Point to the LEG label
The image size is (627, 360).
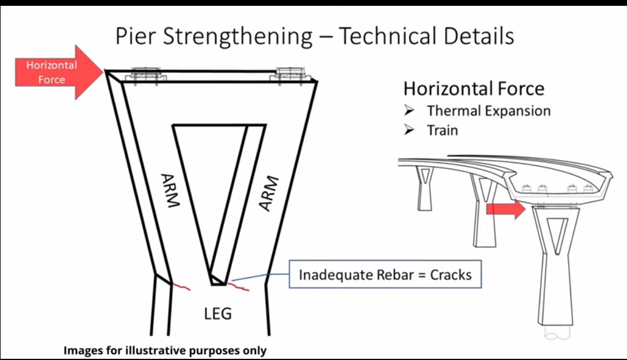pyautogui.click(x=218, y=313)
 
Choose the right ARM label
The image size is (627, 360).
pyautogui.click(x=267, y=193)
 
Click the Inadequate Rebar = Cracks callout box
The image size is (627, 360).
pyautogui.click(x=385, y=274)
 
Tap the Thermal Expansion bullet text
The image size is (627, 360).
pyautogui.click(x=488, y=111)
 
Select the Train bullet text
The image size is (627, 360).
pyautogui.click(x=442, y=130)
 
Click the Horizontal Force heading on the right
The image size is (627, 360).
pyautogui.click(x=474, y=89)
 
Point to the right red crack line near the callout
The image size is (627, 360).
pyautogui.click(x=239, y=286)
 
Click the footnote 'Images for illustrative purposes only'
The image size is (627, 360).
pyautogui.click(x=165, y=351)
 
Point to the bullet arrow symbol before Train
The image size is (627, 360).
pyautogui.click(x=409, y=130)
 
